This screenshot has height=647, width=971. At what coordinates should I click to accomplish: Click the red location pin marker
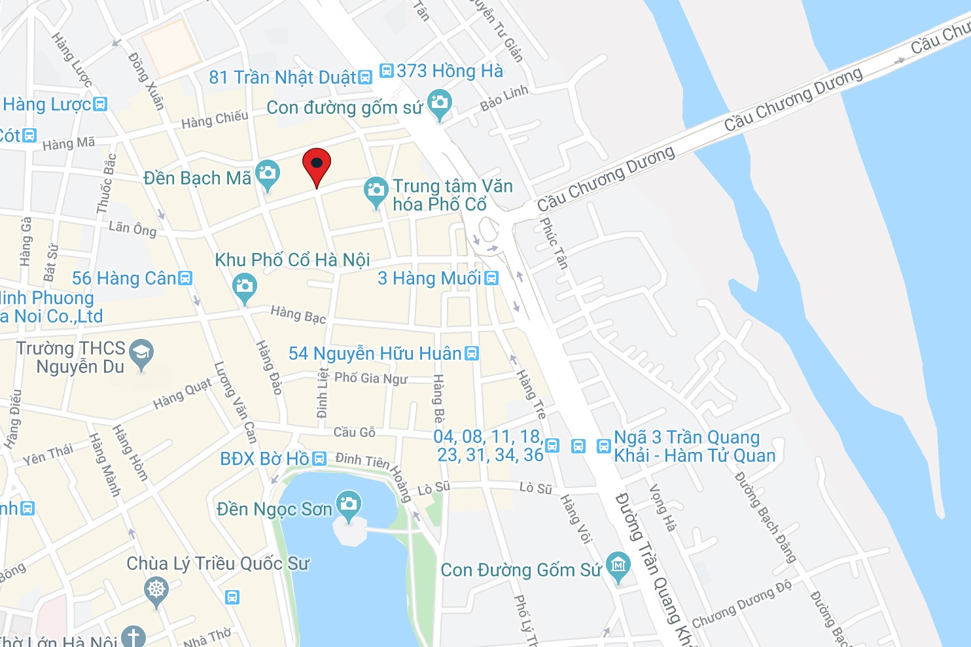tap(317, 165)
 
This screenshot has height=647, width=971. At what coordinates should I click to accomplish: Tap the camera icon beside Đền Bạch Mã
tap(267, 174)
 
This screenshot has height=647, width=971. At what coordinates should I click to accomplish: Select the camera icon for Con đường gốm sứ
tap(440, 103)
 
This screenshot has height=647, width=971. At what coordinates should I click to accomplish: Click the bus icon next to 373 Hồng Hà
tap(387, 70)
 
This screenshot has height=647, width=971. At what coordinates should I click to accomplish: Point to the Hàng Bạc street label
tap(298, 314)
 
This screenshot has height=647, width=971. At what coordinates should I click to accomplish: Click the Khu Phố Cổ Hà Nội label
tap(292, 260)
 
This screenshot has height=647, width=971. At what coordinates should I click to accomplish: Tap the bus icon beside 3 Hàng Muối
tap(491, 278)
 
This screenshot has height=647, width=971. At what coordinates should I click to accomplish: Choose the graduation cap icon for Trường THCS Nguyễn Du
tap(141, 353)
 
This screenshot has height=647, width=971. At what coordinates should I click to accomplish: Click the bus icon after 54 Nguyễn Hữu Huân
tap(471, 353)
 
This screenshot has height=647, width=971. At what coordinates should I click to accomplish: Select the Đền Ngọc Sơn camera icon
tap(349, 504)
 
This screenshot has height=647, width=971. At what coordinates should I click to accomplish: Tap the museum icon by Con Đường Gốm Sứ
tap(618, 565)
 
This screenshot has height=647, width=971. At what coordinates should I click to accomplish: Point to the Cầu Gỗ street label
tap(354, 432)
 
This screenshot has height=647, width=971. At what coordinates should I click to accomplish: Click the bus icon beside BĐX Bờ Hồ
tap(319, 459)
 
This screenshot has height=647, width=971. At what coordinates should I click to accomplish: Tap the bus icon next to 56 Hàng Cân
tap(186, 278)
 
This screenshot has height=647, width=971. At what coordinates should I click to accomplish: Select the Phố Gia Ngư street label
tap(370, 378)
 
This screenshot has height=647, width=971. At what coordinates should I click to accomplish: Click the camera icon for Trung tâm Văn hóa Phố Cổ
tap(376, 190)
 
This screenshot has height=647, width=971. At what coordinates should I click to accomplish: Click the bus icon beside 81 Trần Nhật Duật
tap(365, 78)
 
